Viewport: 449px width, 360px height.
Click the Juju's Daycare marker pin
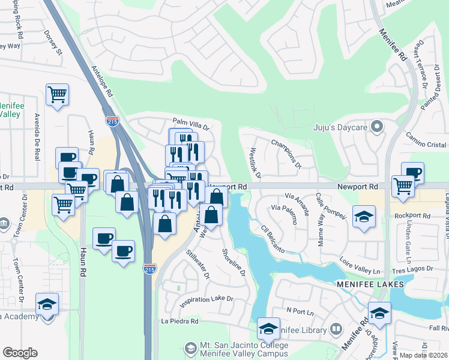click(x=376, y=127)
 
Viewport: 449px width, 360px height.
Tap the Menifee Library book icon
click(x=337, y=330)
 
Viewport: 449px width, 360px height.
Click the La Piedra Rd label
click(x=179, y=322)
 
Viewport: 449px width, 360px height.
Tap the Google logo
click(x=20, y=353)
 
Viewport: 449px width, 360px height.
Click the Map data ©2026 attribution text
click(x=423, y=355)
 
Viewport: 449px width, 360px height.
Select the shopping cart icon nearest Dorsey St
click(x=57, y=94)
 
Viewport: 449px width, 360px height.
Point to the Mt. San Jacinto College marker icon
click(x=190, y=347)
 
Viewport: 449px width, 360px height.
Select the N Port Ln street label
click(x=300, y=311)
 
